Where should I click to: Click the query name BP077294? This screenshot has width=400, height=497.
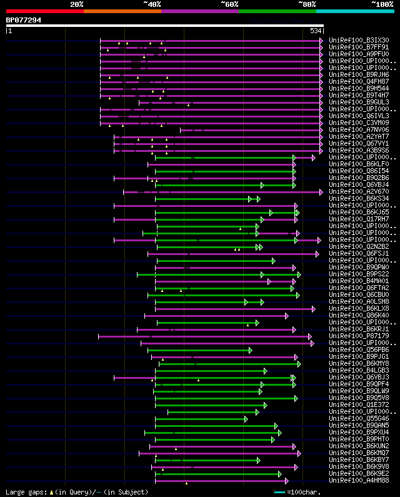[x=24, y=20]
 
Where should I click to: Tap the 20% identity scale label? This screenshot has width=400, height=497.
[x=77, y=4]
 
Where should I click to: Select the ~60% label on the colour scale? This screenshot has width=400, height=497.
[x=229, y=4]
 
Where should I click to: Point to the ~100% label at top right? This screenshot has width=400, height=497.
[x=382, y=4]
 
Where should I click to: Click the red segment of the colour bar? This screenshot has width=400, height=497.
[x=44, y=11]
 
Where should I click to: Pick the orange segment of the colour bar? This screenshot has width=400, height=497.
[x=122, y=11]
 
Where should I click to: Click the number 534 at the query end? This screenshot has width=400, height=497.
[x=316, y=31]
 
